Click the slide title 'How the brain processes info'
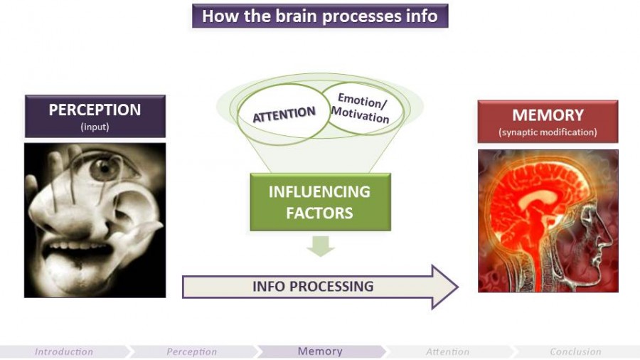(319, 16)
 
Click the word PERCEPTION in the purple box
(95, 110)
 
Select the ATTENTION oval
(284, 113)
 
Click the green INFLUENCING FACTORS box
(319, 202)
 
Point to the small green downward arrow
(321, 246)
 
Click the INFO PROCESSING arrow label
(313, 286)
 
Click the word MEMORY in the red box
(548, 115)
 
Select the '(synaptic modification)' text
(548, 132)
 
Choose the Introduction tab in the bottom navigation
(64, 351)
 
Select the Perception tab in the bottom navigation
(192, 351)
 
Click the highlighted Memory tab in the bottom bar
(320, 351)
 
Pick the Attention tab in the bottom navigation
(448, 351)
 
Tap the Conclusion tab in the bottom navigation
(576, 351)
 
